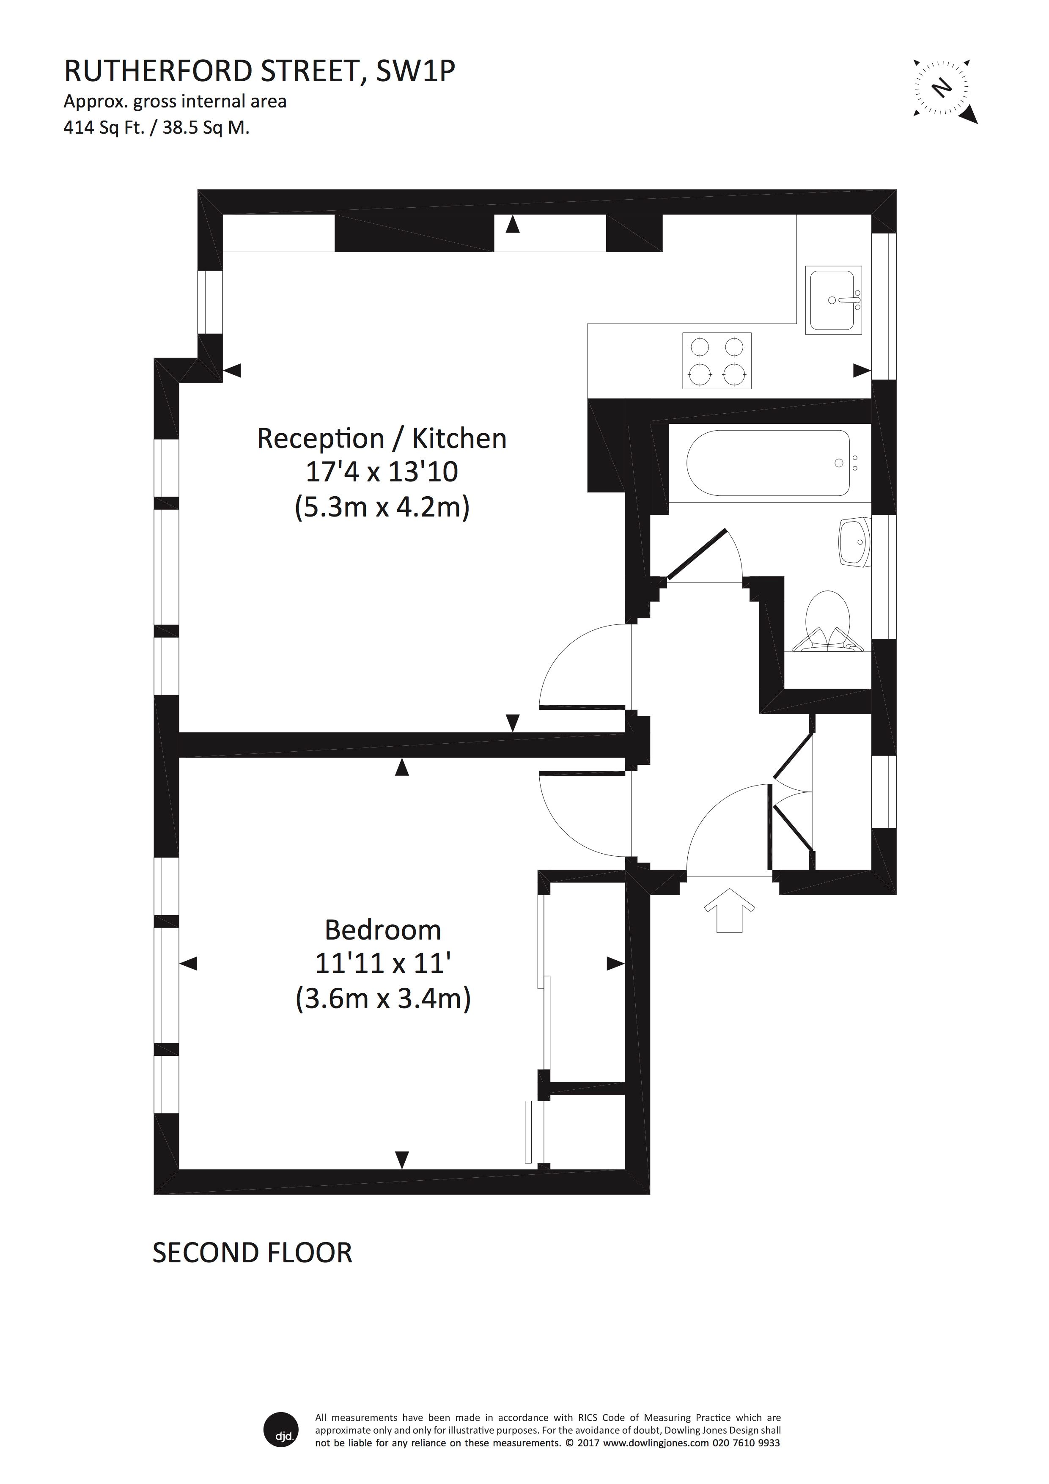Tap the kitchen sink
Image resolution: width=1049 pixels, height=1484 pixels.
click(x=834, y=300)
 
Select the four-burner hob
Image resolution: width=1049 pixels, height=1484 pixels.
click(x=717, y=361)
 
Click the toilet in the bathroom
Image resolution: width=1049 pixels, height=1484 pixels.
click(x=828, y=621)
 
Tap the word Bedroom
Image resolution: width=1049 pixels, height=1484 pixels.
click(x=383, y=930)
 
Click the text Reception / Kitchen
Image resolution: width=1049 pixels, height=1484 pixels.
click(x=382, y=439)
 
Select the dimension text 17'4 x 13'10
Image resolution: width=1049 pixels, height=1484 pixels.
click(x=382, y=473)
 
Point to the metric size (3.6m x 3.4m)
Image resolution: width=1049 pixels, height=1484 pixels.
click(x=383, y=999)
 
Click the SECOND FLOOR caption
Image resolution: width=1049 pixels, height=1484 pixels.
click(x=252, y=1253)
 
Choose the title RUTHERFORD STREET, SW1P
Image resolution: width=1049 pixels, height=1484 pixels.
click(x=259, y=72)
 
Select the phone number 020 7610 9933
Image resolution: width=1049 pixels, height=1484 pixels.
click(x=746, y=1443)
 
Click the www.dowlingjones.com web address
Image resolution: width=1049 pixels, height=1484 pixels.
click(x=656, y=1443)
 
